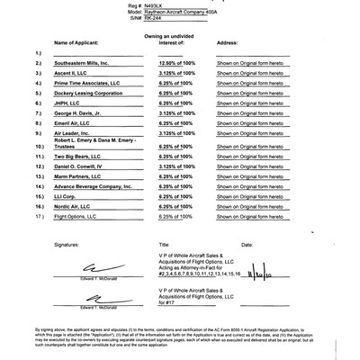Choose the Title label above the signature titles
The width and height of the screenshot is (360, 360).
pyautogui.click(x=164, y=244)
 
